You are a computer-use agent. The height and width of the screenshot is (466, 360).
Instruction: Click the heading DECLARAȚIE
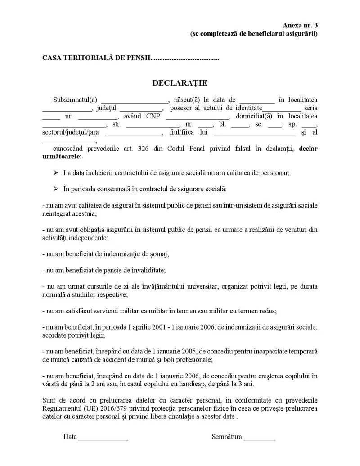click(180, 83)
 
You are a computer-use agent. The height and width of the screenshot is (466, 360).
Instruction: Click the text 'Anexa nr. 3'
click(300, 26)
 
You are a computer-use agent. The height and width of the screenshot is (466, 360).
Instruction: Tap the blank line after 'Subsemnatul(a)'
click(134, 100)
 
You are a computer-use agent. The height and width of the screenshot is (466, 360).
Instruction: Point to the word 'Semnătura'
click(227, 436)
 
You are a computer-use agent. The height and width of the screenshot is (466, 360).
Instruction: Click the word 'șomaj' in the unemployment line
click(160, 254)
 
